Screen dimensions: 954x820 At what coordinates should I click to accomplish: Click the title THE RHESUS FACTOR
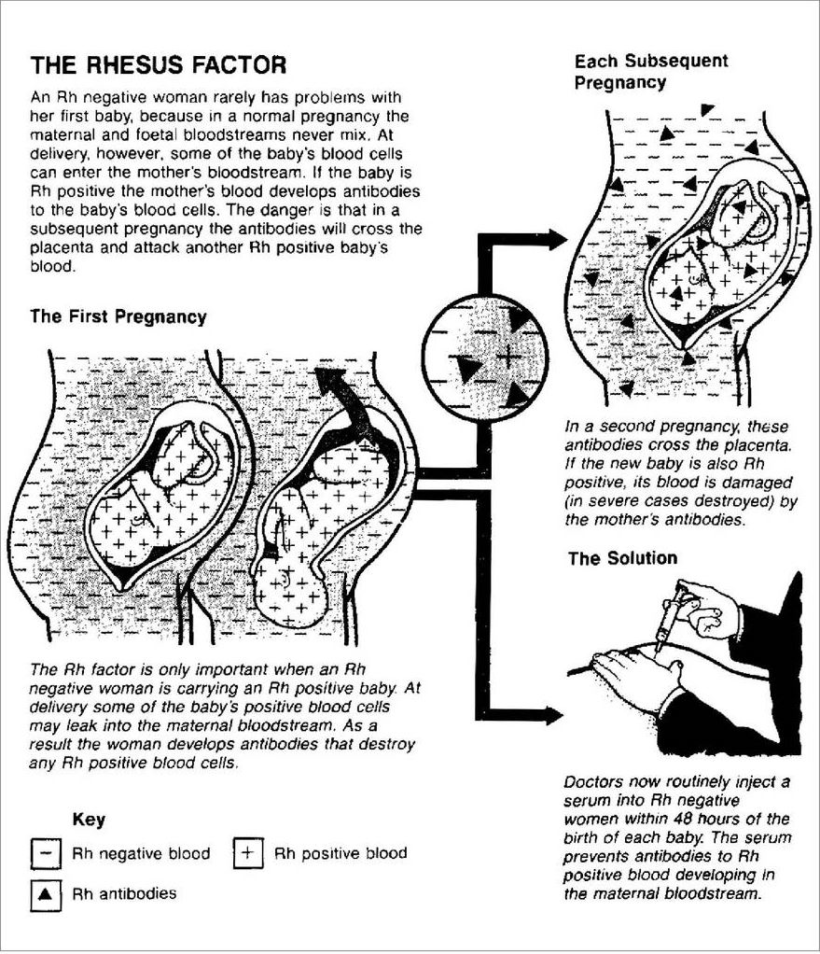(x=158, y=65)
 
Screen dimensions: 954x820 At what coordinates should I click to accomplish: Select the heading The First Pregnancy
(x=118, y=316)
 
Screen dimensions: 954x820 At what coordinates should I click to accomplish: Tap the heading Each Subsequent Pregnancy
(x=650, y=72)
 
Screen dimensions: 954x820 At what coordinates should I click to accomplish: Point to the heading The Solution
(x=622, y=559)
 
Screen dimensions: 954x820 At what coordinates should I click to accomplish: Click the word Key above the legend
(x=89, y=821)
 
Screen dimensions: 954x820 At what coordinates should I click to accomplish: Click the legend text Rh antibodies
(x=124, y=893)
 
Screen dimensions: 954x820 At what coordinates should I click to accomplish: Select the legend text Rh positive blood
(x=341, y=853)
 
